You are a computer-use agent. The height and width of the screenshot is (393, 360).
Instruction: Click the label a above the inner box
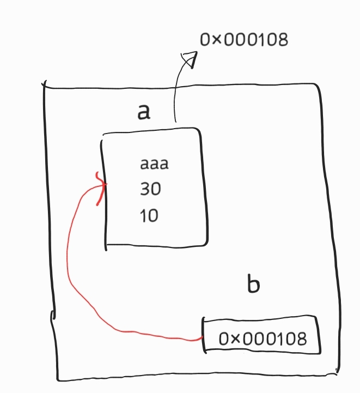[143, 111]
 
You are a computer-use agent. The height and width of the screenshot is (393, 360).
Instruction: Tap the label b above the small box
[253, 285]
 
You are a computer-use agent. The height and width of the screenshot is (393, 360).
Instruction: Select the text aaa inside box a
[154, 164]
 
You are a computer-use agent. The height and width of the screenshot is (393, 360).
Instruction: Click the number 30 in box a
[151, 190]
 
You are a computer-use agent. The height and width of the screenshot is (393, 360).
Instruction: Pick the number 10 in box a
[149, 216]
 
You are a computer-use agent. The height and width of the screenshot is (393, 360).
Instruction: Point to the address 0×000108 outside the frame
[243, 40]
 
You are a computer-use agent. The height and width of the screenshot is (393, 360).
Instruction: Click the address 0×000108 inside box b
[263, 339]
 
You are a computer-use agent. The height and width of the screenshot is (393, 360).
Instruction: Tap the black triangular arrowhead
[188, 58]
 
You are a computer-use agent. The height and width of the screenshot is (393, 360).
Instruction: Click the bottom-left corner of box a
[107, 246]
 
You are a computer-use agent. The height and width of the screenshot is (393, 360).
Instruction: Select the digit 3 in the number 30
[145, 190]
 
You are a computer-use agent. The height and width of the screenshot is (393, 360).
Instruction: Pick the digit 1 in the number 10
[142, 216]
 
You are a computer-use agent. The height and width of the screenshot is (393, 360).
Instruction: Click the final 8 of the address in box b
[301, 339]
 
